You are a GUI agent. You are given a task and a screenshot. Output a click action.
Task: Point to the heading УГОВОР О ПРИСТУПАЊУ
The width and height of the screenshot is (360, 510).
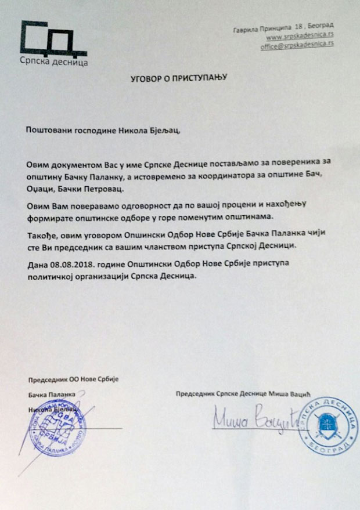(x=178, y=76)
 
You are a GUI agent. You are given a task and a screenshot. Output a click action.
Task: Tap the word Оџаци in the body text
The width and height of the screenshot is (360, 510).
(x=41, y=190)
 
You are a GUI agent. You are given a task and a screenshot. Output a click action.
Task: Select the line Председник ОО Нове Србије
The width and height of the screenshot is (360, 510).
(x=73, y=379)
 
